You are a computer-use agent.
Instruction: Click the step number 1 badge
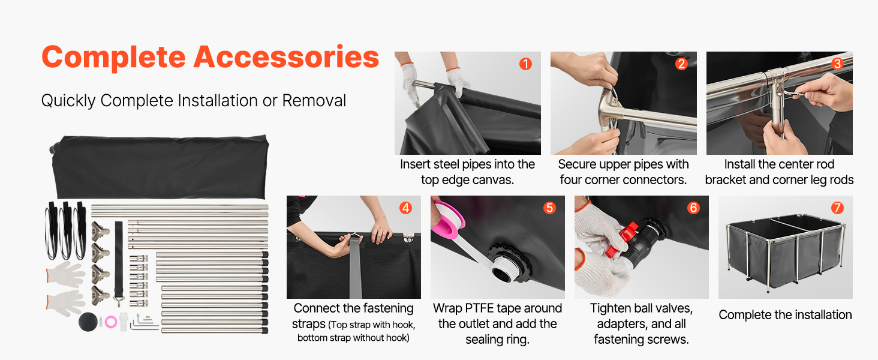pyautogui.click(x=525, y=64)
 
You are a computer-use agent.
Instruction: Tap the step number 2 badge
pyautogui.click(x=681, y=64)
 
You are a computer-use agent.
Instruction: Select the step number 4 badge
pyautogui.click(x=405, y=208)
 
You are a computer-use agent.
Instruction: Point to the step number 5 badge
pyautogui.click(x=549, y=208)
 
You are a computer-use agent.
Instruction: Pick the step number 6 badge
pyautogui.click(x=693, y=208)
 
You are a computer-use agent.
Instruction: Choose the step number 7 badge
pyautogui.click(x=837, y=208)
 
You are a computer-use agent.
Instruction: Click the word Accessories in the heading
pyautogui.click(x=286, y=57)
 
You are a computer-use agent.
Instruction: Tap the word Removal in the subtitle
pyautogui.click(x=314, y=101)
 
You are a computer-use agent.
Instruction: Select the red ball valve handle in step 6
pyautogui.click(x=623, y=240)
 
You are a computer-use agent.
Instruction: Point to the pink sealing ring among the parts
pyautogui.click(x=111, y=322)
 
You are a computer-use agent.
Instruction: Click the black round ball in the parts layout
pyautogui.click(x=88, y=322)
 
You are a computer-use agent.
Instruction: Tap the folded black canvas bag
pyautogui.click(x=160, y=166)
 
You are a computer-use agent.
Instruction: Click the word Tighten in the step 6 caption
pyautogui.click(x=611, y=309)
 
